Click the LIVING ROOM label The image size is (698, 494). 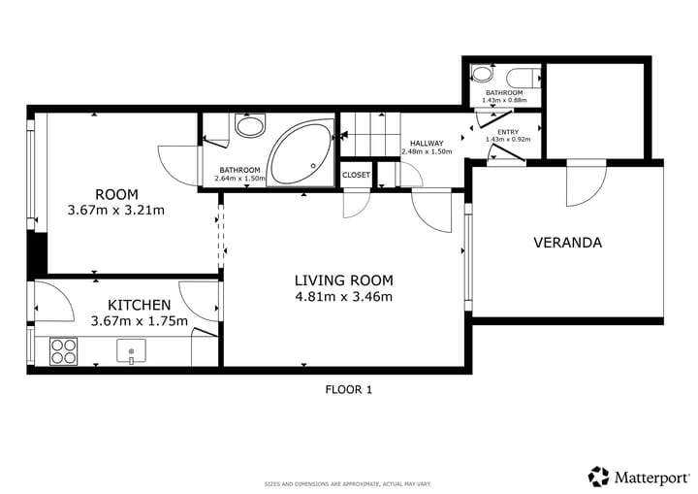(343, 280)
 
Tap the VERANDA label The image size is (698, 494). (567, 243)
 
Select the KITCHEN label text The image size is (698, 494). (139, 305)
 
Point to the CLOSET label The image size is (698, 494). (356, 175)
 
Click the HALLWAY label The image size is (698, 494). (427, 144)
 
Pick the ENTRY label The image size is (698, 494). (508, 132)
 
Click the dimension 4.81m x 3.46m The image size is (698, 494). (343, 296)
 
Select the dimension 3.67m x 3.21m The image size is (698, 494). (115, 210)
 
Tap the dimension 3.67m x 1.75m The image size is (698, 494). (139, 320)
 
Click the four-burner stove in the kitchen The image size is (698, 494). (63, 351)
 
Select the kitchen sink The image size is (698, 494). (131, 351)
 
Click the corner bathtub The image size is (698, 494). (301, 153)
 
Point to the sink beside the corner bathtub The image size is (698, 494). (250, 126)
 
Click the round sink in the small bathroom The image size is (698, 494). (483, 74)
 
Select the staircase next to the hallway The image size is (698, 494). (370, 134)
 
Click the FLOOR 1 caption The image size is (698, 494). (349, 390)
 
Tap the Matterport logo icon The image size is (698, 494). (598, 477)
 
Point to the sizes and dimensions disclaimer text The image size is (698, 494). (348, 484)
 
